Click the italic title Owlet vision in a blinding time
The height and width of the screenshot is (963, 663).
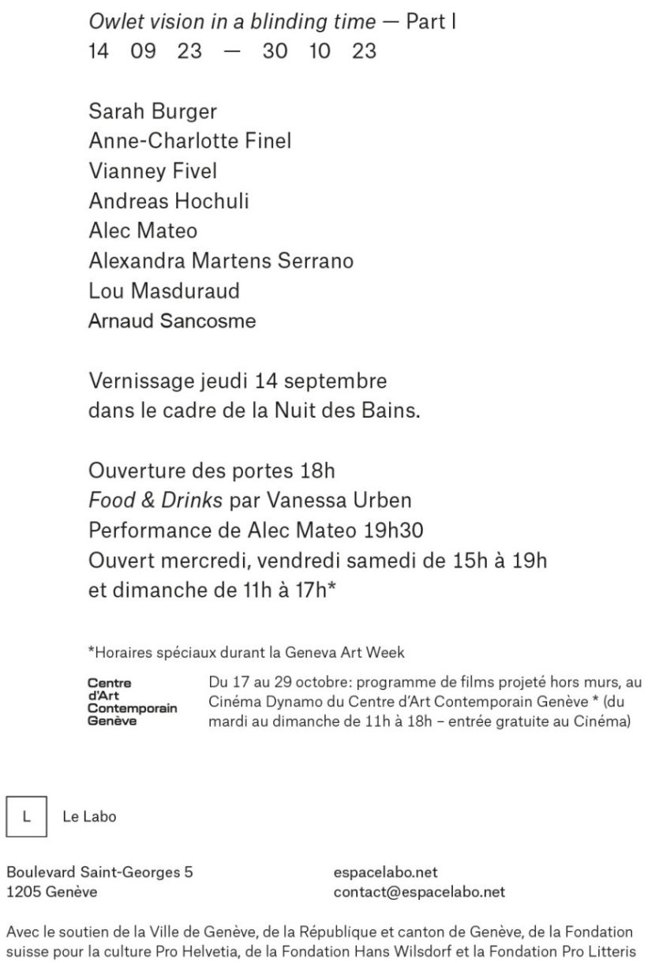(232, 22)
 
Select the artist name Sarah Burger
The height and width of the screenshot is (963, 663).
(152, 111)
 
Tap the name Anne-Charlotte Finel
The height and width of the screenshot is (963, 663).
(189, 141)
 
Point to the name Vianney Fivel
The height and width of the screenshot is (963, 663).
(152, 171)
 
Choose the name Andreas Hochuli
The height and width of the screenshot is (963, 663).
(169, 201)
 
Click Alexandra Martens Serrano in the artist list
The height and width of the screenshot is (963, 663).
(221, 260)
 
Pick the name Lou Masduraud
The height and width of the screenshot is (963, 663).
(164, 290)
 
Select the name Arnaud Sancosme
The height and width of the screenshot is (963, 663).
(172, 321)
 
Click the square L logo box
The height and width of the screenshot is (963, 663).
(25, 816)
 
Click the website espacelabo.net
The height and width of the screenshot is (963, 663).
(386, 873)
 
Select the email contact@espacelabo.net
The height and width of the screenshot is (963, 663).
(419, 893)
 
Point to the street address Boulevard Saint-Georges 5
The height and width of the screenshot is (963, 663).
(99, 873)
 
